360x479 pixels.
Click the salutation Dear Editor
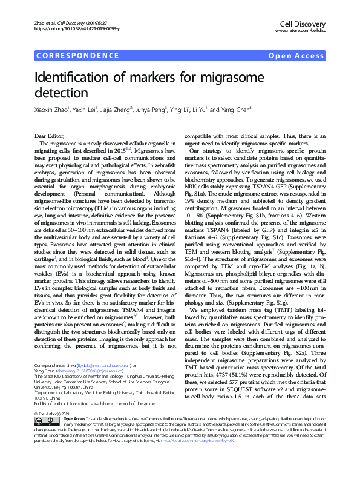click(x=51, y=136)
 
